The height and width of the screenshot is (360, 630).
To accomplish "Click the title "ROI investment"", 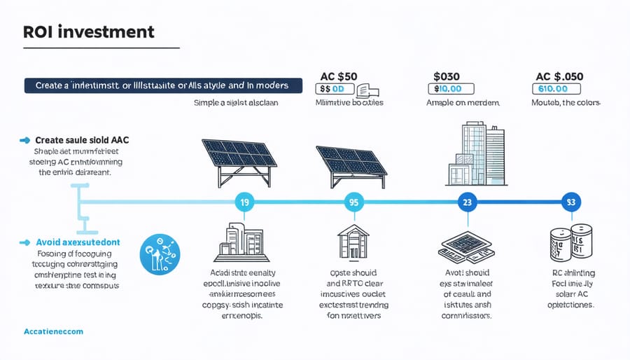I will click(x=89, y=32).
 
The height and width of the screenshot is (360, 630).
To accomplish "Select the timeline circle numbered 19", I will click(x=244, y=202).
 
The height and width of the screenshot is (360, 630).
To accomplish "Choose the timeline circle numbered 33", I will click(x=570, y=202).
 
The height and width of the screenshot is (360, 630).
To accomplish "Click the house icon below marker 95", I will click(x=353, y=240).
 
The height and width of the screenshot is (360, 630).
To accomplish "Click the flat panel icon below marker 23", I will click(x=466, y=244).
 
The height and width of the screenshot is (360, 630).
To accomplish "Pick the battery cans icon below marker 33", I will click(x=571, y=245).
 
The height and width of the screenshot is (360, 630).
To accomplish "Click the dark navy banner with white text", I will click(x=163, y=86).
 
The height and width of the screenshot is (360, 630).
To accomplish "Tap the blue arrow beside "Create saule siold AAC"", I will click(x=26, y=140).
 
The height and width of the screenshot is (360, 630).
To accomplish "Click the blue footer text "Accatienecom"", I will click(x=53, y=331).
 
